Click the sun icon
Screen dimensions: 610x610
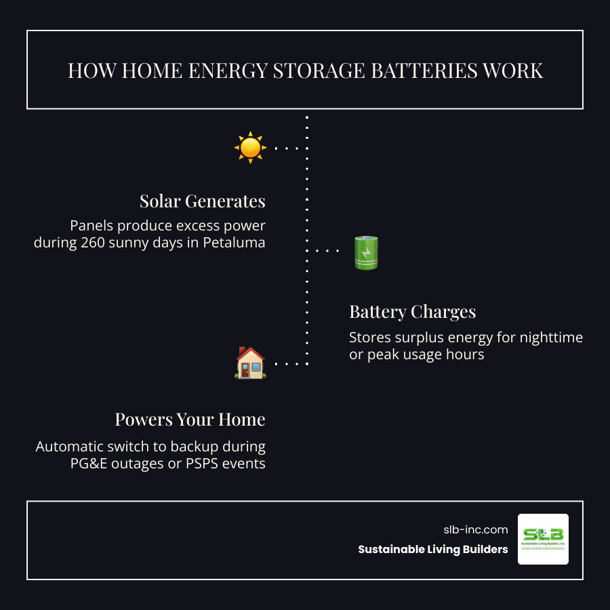(x=250, y=147)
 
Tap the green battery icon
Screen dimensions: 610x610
(x=366, y=252)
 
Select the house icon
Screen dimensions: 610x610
(x=250, y=363)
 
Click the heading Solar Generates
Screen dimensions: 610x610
(x=202, y=201)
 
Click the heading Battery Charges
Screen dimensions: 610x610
(x=412, y=312)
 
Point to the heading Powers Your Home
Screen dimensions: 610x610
(x=190, y=420)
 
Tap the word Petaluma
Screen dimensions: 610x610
(x=234, y=243)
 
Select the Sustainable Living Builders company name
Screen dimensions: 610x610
(x=433, y=550)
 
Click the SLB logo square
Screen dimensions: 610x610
(x=543, y=539)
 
